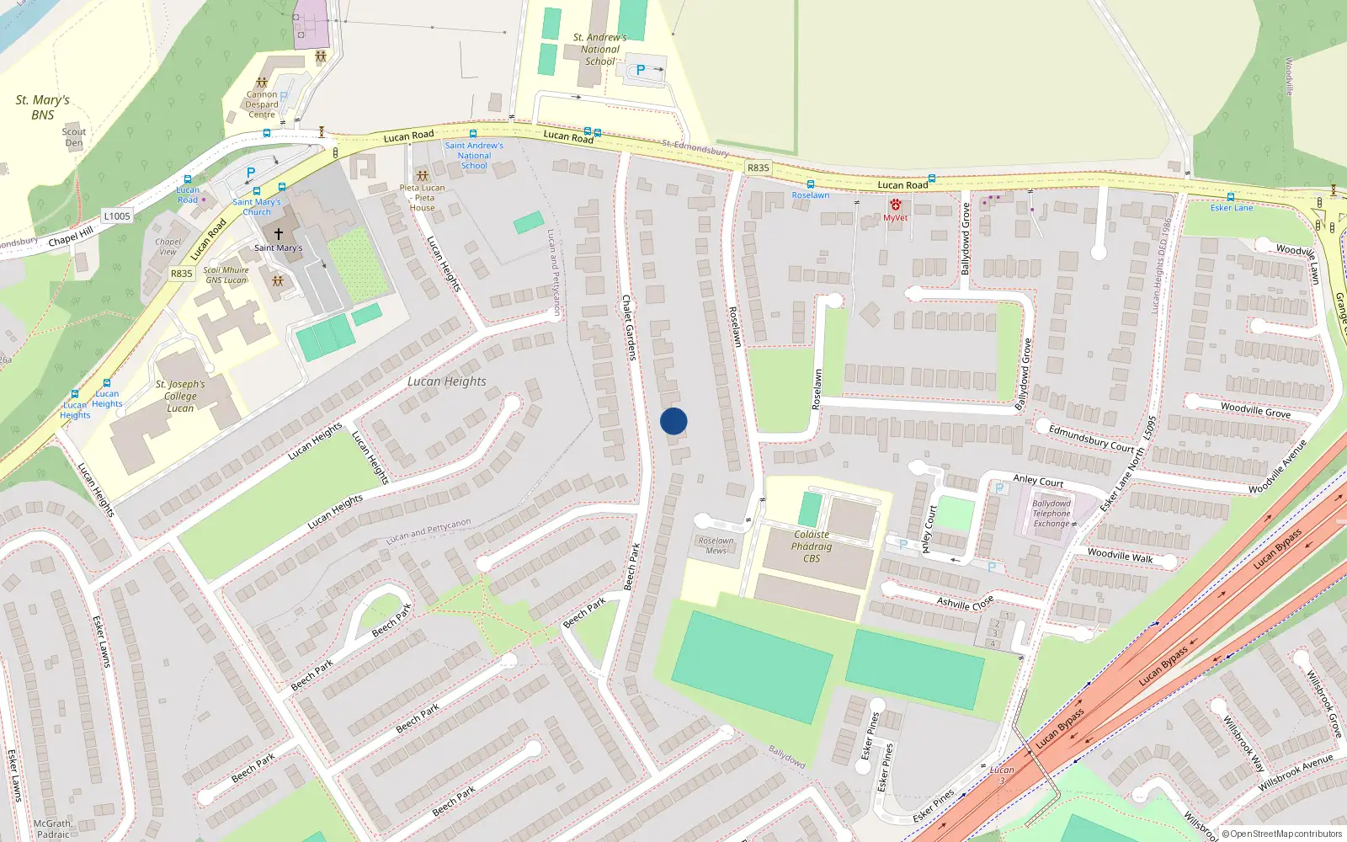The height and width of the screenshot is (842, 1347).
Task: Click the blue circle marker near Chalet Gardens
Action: pos(673,421)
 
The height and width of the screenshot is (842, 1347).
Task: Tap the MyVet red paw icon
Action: pos(896,205)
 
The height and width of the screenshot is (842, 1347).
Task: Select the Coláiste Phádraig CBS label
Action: pos(812,546)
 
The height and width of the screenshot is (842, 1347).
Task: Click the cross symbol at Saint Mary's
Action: pos(279,233)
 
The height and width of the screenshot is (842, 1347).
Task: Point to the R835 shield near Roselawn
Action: pos(758,168)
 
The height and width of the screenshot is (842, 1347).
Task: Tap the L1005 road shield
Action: pos(117,216)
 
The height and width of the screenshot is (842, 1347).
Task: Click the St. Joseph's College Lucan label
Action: pos(180,396)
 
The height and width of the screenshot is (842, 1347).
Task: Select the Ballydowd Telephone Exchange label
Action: pos(1052,514)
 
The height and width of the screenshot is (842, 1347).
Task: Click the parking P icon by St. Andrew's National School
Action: pos(641,70)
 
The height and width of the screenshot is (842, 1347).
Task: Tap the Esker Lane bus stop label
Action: pos(1232,208)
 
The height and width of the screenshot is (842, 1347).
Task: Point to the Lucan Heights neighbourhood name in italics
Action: pos(446,381)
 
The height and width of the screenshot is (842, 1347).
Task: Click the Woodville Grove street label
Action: pos(1255,409)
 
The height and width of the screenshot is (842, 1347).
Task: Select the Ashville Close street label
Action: pos(966,603)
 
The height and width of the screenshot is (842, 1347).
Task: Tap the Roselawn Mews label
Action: pos(716,546)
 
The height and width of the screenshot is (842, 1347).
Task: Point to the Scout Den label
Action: pos(74,137)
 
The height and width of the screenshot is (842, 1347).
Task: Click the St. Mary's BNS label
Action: pos(43,107)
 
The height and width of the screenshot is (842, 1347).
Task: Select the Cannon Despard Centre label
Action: pos(262,104)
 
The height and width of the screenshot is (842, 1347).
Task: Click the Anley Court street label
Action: pos(1038,481)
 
